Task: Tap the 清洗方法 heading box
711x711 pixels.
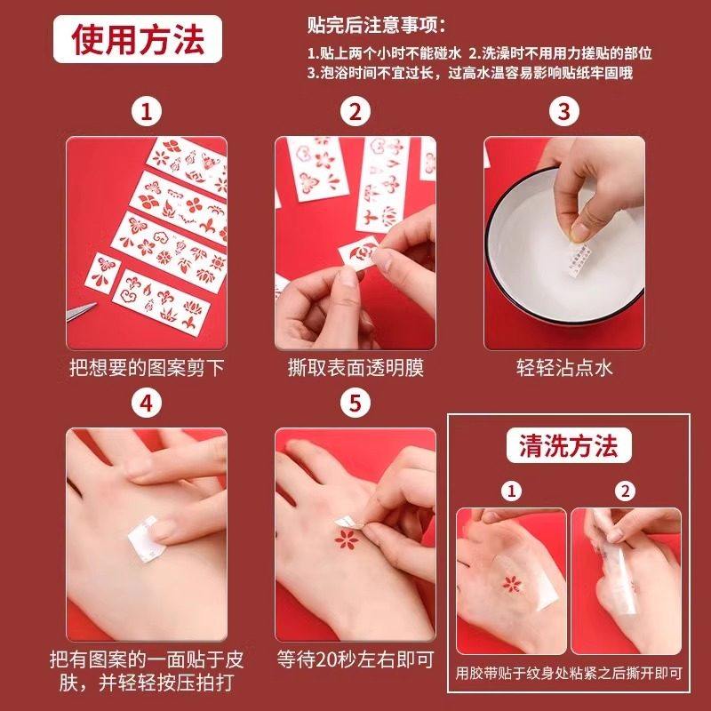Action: [568, 446]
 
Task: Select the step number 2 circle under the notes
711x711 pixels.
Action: [355, 112]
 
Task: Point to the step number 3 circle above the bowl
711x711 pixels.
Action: [563, 112]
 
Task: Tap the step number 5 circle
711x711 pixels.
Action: [355, 403]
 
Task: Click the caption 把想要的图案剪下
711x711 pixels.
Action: [147, 367]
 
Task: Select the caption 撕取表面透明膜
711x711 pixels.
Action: [355, 367]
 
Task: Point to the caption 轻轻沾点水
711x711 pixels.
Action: [563, 367]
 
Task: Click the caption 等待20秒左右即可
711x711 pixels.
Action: [355, 659]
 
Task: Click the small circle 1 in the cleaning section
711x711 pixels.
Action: [510, 490]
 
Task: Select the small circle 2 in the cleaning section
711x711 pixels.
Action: [626, 490]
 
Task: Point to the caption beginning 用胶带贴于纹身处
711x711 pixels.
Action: [568, 672]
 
